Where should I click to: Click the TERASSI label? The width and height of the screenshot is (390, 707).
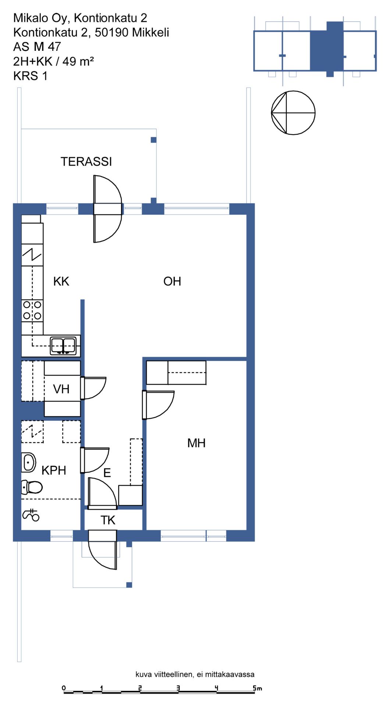coord(86,162)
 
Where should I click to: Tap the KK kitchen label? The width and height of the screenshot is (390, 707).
coord(61,281)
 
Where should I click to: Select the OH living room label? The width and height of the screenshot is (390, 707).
coord(172,281)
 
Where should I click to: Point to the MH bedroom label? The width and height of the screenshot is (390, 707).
coord(196,443)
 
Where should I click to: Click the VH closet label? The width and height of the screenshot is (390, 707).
coord(61,389)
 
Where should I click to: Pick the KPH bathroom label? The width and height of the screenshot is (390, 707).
coord(54,470)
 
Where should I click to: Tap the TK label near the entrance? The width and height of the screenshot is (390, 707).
coord(108,520)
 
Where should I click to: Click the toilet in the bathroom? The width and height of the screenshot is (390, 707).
coord(32,487)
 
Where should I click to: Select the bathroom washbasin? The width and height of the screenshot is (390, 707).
coord(29,462)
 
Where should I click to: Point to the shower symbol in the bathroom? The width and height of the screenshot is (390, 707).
coord(31,515)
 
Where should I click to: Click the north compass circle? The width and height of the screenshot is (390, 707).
coord(293,113)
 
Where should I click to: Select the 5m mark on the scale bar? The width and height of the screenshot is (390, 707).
coord(257,688)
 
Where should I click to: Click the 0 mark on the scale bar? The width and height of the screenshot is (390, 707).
coord(64,688)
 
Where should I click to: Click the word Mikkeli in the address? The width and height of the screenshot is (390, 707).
coord(150,32)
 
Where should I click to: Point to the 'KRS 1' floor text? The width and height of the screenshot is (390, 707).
coord(31,76)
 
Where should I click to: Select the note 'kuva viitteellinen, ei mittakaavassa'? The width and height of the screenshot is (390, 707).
coord(195,674)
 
